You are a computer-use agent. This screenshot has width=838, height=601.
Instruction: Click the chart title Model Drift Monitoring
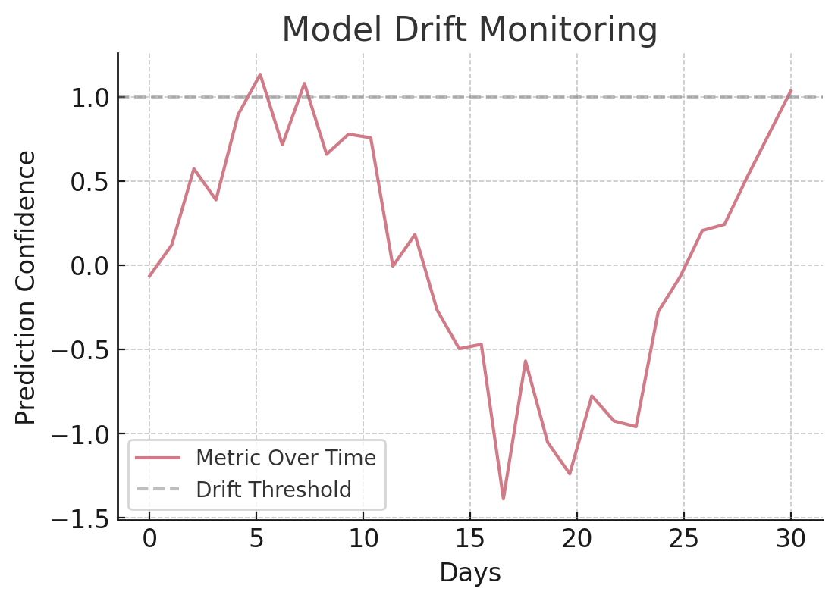point(469,30)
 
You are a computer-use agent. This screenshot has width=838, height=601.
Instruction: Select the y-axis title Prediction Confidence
point(27,287)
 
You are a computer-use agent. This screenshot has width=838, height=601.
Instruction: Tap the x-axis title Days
point(470,573)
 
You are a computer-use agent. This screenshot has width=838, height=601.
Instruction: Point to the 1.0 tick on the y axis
point(90,98)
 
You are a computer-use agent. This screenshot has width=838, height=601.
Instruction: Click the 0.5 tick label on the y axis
point(90,182)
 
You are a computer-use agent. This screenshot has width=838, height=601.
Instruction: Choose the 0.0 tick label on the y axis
point(90,266)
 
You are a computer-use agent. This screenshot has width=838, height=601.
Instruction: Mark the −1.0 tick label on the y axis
point(80,434)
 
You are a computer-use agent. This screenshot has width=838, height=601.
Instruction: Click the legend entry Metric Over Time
point(285,459)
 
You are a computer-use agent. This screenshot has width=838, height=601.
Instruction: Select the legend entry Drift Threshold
point(273,490)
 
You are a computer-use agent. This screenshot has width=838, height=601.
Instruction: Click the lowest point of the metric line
point(503,499)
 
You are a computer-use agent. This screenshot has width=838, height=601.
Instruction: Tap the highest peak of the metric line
point(260,74)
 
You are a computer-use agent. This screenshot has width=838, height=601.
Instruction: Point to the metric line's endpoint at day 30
point(791,90)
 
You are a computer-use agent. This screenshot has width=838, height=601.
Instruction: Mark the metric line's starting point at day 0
point(149,277)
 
